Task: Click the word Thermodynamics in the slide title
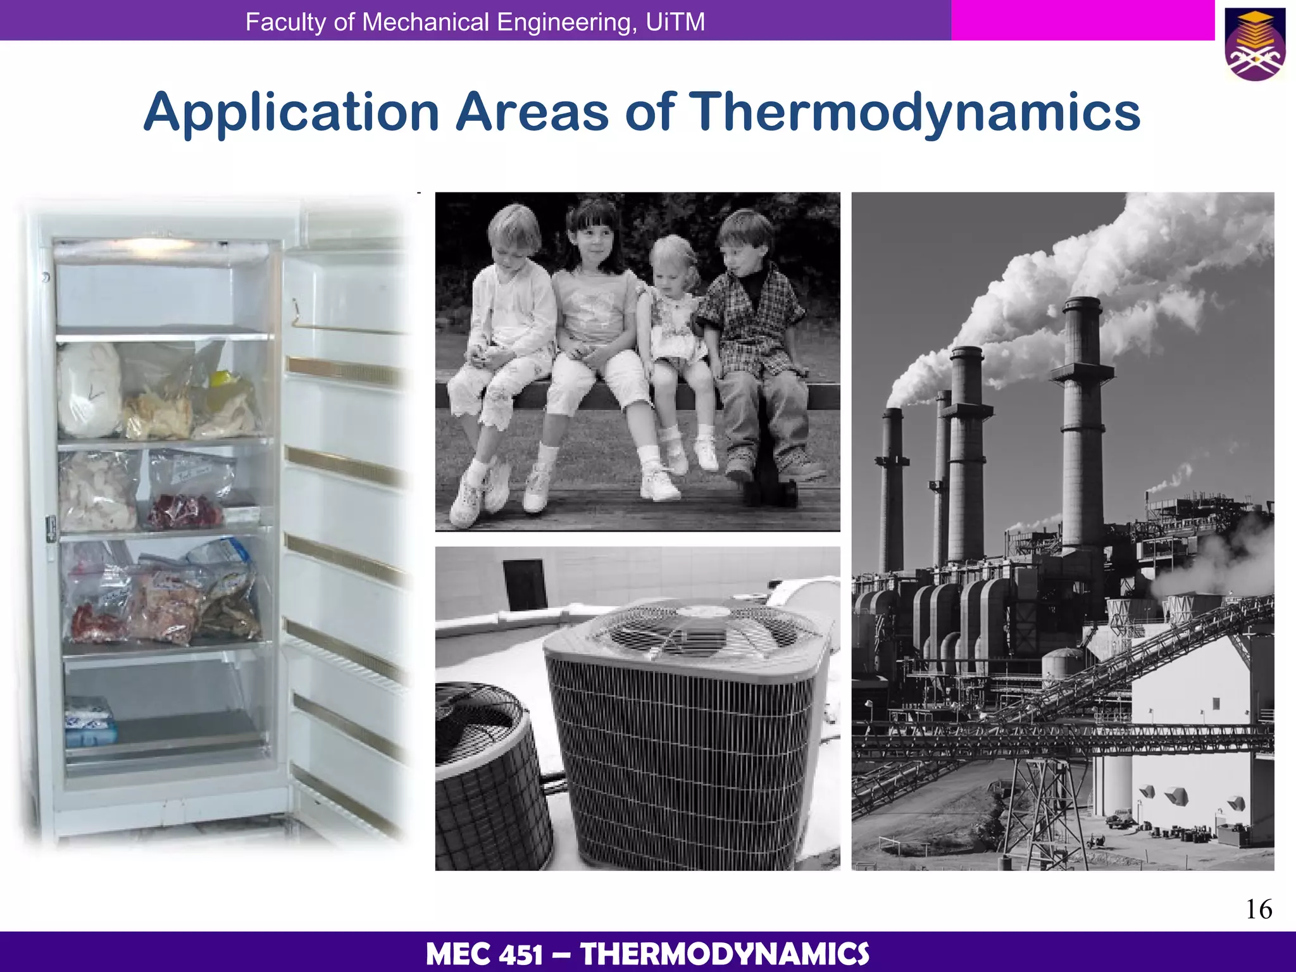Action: coord(914,113)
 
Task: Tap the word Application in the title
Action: coord(291,113)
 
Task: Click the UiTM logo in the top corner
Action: coord(1255,44)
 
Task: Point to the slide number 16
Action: coord(1259,909)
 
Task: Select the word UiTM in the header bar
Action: coord(675,22)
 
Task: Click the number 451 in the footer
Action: coord(520,954)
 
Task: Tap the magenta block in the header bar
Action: coord(1082,20)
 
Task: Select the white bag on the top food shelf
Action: coord(89,389)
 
